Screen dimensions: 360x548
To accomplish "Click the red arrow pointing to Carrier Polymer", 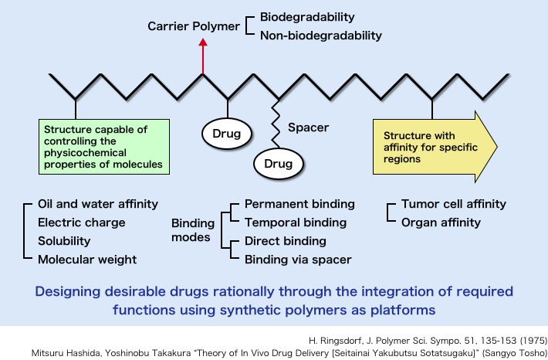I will point(203,57).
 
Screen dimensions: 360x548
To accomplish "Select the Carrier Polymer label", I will point(194,26).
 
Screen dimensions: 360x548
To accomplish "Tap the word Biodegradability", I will point(307,16).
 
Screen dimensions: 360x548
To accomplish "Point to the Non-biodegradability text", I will point(320,36).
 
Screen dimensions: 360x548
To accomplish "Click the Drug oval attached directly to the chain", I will point(228,134).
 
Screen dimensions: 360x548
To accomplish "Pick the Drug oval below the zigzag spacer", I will point(279,163).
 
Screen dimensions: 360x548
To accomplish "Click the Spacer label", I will point(308,127).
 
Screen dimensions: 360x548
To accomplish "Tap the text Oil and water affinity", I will point(98,204).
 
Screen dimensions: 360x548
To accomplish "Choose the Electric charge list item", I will point(81,222).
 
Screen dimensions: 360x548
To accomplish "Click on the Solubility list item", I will point(69,241).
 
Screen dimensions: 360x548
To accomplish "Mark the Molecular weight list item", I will point(87,260).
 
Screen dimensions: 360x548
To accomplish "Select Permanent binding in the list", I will point(299,204).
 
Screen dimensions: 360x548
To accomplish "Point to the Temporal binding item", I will point(295,222).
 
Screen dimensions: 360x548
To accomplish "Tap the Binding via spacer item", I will point(297,260).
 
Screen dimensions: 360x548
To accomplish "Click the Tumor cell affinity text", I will point(454,204).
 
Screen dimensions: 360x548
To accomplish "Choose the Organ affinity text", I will point(441,222).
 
